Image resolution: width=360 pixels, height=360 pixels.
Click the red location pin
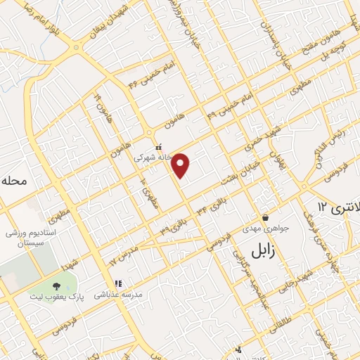click(181, 165)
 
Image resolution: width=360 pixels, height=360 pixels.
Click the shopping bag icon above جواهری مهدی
click(265, 217)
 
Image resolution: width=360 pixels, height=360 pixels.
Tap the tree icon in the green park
click(56, 285)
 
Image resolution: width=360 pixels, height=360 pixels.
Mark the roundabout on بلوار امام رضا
click(76, 48)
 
